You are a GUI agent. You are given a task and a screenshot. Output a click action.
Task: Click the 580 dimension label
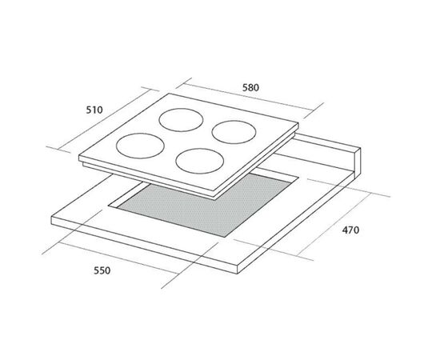click(x=250, y=88)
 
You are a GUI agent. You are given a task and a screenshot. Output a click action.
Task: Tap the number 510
click(x=94, y=110)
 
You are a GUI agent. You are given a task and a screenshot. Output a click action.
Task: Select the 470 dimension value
click(x=350, y=230)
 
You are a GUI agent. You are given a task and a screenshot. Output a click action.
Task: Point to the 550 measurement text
click(x=102, y=270)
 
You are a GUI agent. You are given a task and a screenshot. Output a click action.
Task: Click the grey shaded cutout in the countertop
click(x=205, y=205)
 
